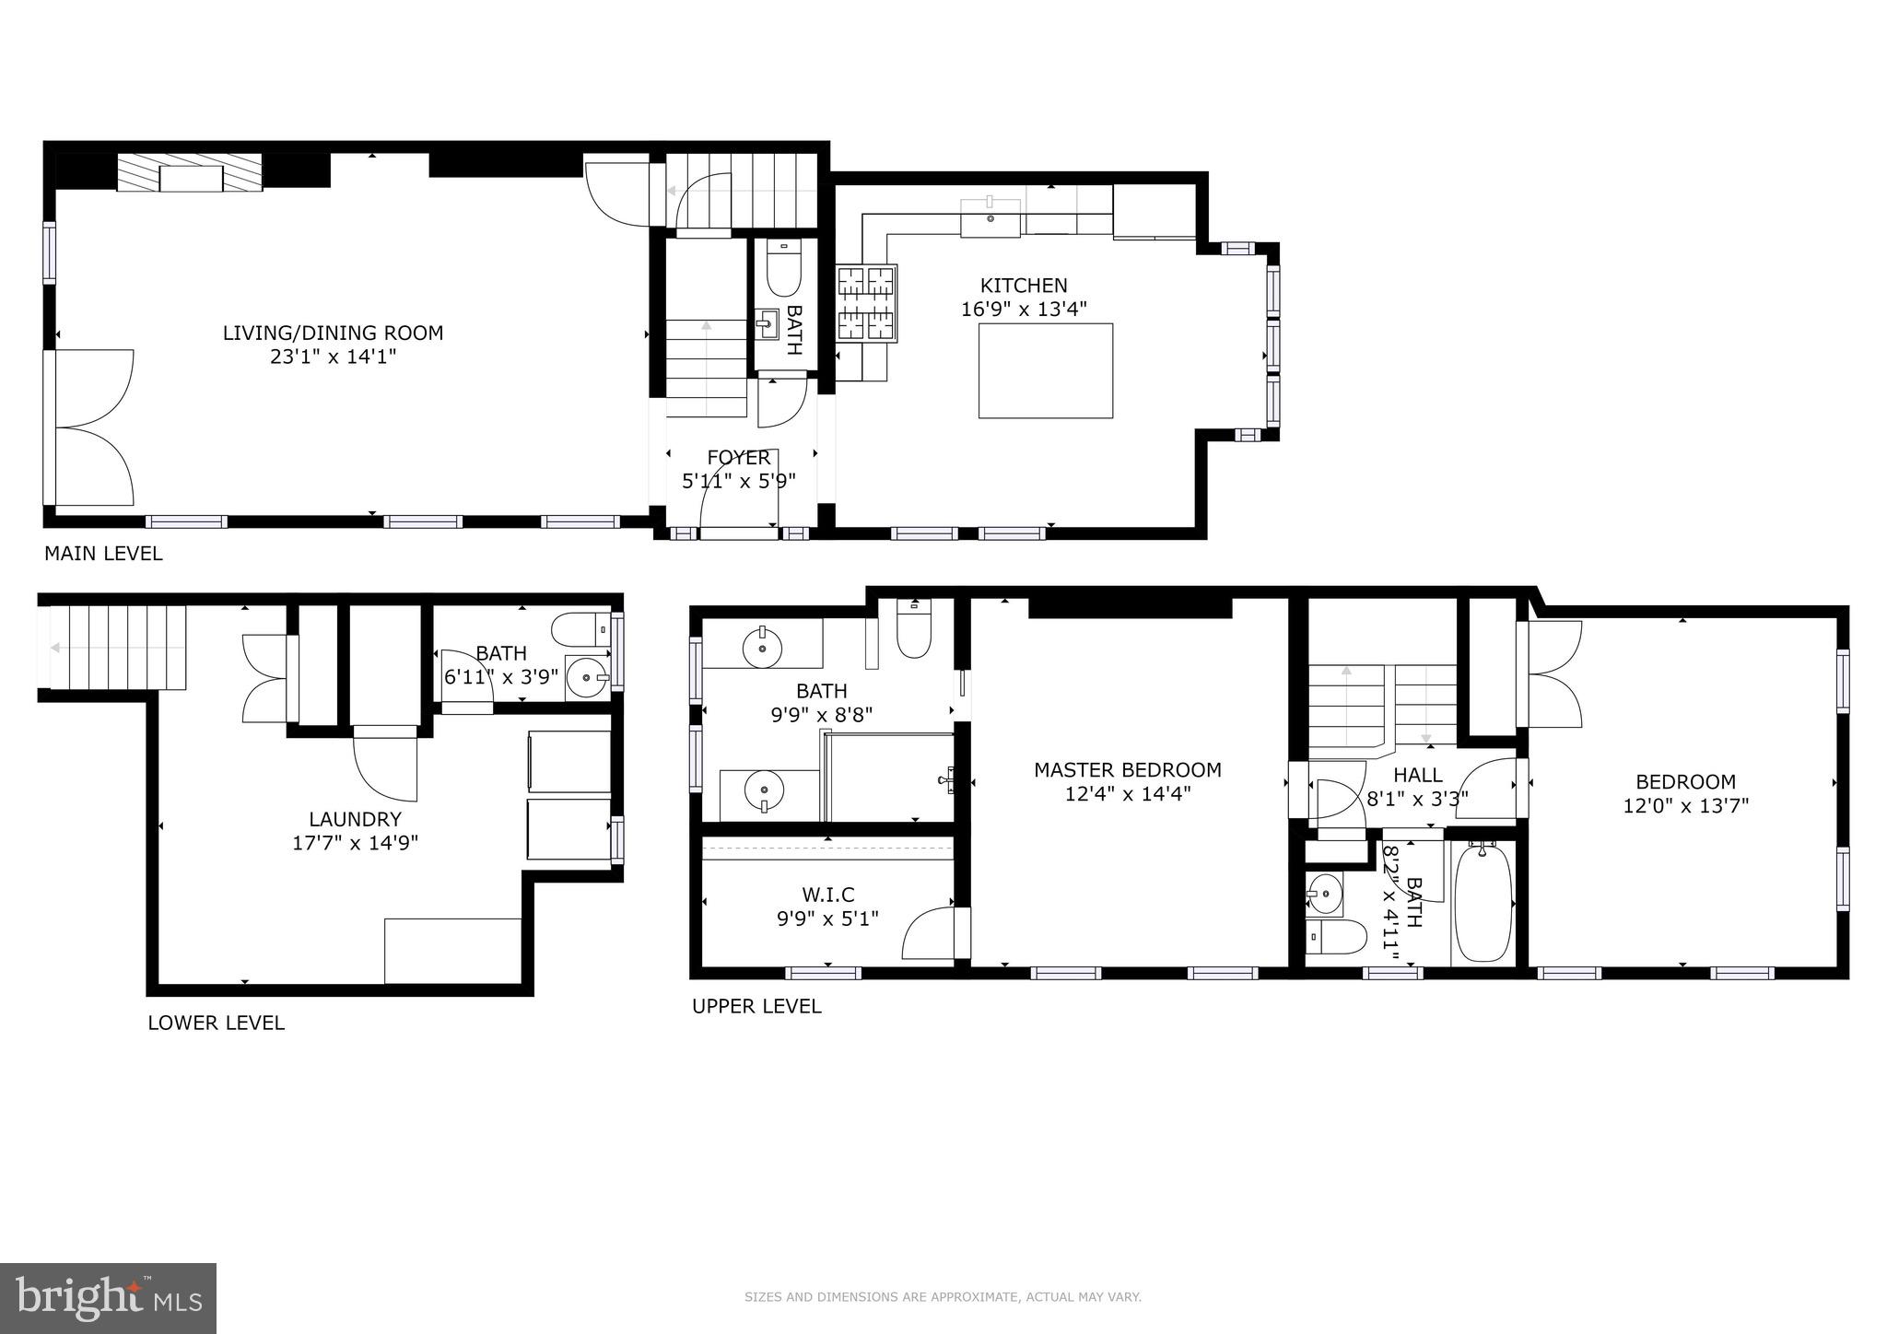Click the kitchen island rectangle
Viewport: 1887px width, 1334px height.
click(x=1045, y=370)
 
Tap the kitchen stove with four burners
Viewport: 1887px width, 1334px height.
click(x=866, y=303)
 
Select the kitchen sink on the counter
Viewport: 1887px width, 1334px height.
click(x=990, y=218)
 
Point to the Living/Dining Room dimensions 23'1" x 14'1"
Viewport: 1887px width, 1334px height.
click(x=333, y=357)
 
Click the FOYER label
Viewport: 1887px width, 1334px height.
click(x=738, y=458)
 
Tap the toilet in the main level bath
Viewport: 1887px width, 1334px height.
click(x=783, y=268)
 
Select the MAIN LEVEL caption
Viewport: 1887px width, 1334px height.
click(x=103, y=554)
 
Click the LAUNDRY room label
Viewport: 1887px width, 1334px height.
click(x=355, y=819)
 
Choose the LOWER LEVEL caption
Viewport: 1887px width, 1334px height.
click(x=216, y=1023)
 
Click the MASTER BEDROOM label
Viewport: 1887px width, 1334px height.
click(x=1127, y=770)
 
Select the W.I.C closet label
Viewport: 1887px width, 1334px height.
click(x=827, y=895)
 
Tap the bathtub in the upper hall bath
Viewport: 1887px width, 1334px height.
click(x=1482, y=903)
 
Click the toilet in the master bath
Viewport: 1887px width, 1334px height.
click(x=914, y=630)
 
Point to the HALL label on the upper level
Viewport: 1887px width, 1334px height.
click(x=1417, y=775)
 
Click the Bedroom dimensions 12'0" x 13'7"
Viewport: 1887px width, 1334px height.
click(x=1685, y=805)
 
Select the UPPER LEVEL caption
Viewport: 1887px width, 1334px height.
click(x=756, y=1006)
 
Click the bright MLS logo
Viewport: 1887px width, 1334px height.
click(x=108, y=1299)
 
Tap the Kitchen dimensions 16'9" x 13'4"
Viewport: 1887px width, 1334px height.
click(x=1024, y=310)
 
